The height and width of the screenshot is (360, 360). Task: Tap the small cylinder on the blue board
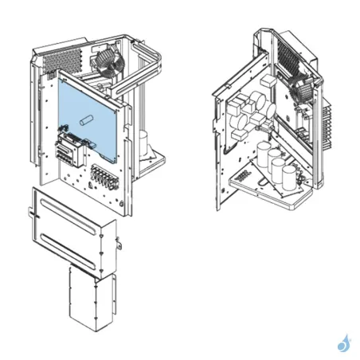click(86, 122)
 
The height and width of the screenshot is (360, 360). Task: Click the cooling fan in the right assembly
click(303, 89)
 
